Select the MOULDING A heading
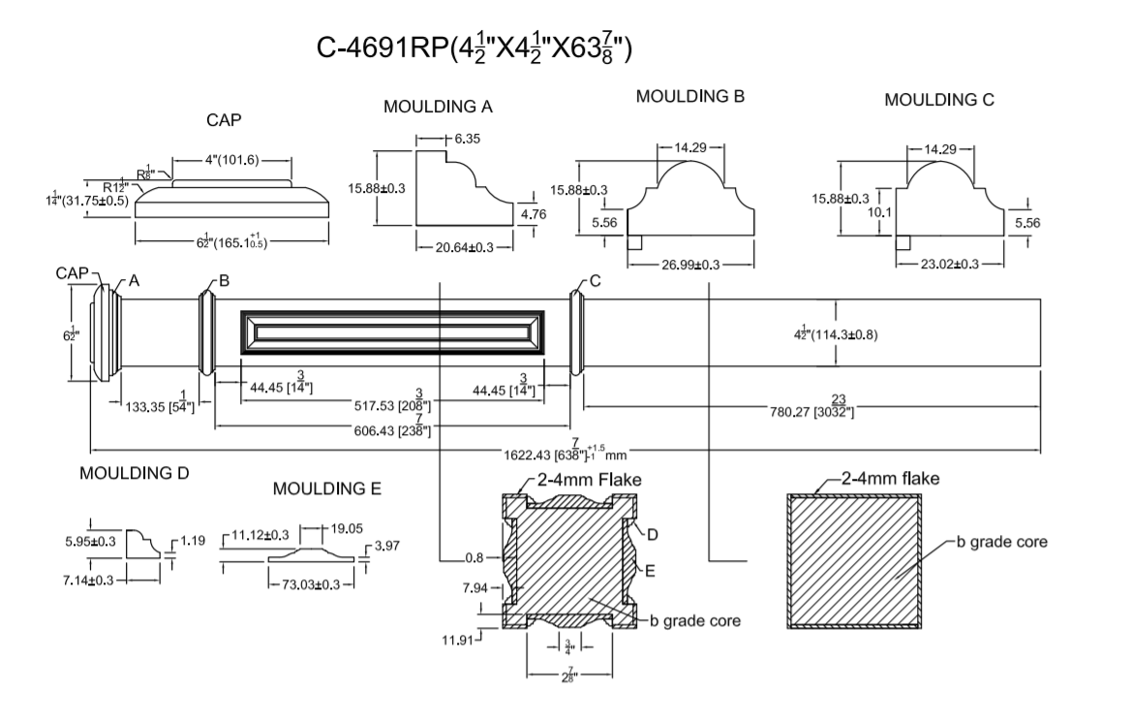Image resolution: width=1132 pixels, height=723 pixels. pos(438,107)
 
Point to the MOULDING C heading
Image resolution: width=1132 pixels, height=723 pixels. pos(939,100)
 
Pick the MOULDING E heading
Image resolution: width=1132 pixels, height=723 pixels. pos(327,489)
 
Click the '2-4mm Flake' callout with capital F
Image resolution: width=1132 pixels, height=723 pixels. pos(590,479)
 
